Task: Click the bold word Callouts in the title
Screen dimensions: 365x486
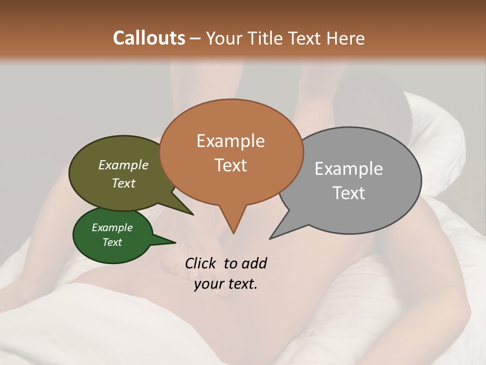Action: (x=149, y=38)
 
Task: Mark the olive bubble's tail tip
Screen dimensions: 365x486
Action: (x=192, y=214)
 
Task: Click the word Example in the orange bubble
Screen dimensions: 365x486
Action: (x=230, y=141)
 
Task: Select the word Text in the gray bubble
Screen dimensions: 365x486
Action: (x=348, y=193)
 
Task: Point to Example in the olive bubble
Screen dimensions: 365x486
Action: (x=123, y=165)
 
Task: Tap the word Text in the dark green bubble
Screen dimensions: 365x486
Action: (x=112, y=242)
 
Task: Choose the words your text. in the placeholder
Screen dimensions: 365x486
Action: (x=226, y=284)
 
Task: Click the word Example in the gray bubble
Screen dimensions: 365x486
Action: (x=349, y=169)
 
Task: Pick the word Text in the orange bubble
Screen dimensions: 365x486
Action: (x=231, y=165)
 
